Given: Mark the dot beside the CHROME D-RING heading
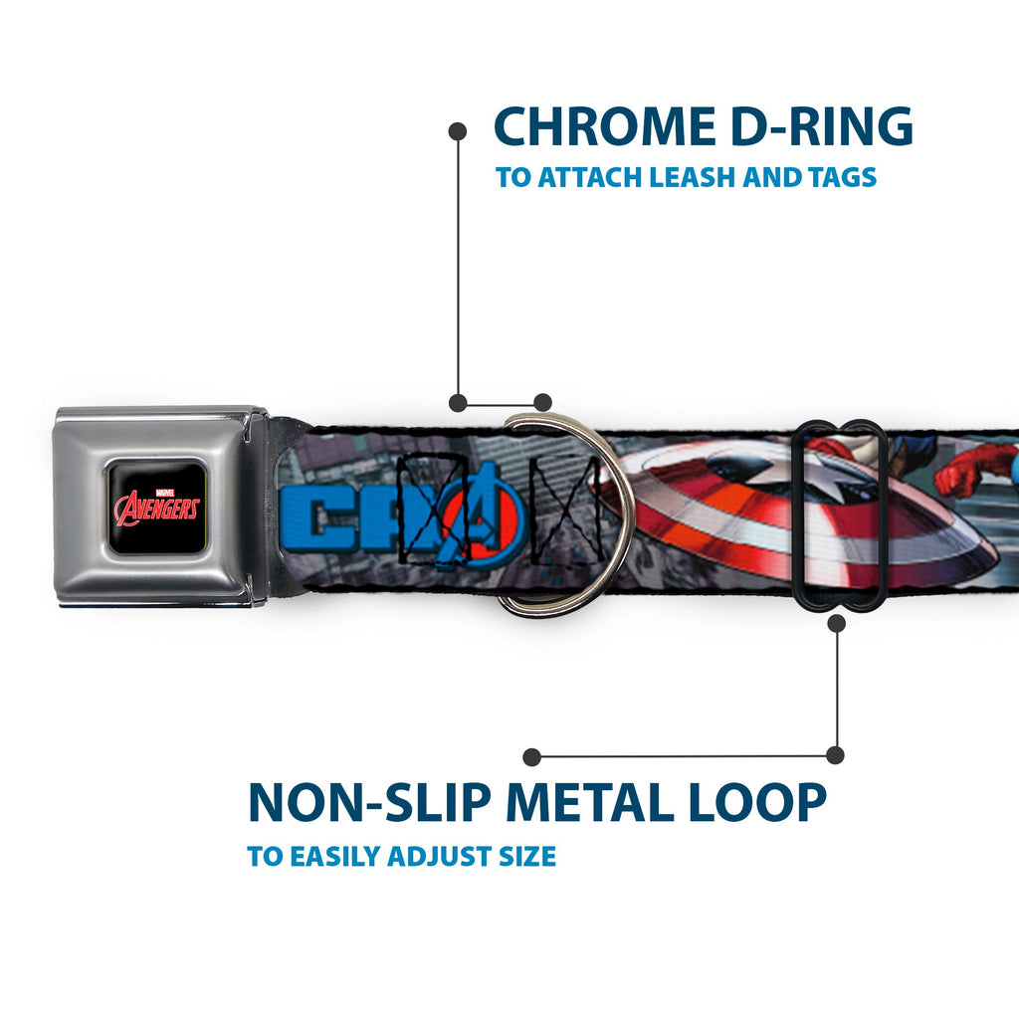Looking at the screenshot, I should pos(458,129).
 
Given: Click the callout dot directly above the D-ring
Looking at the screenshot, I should pos(542,402).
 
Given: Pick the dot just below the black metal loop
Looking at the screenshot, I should pos(836,623).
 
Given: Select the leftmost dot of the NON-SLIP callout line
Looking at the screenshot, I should pos(532,756).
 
